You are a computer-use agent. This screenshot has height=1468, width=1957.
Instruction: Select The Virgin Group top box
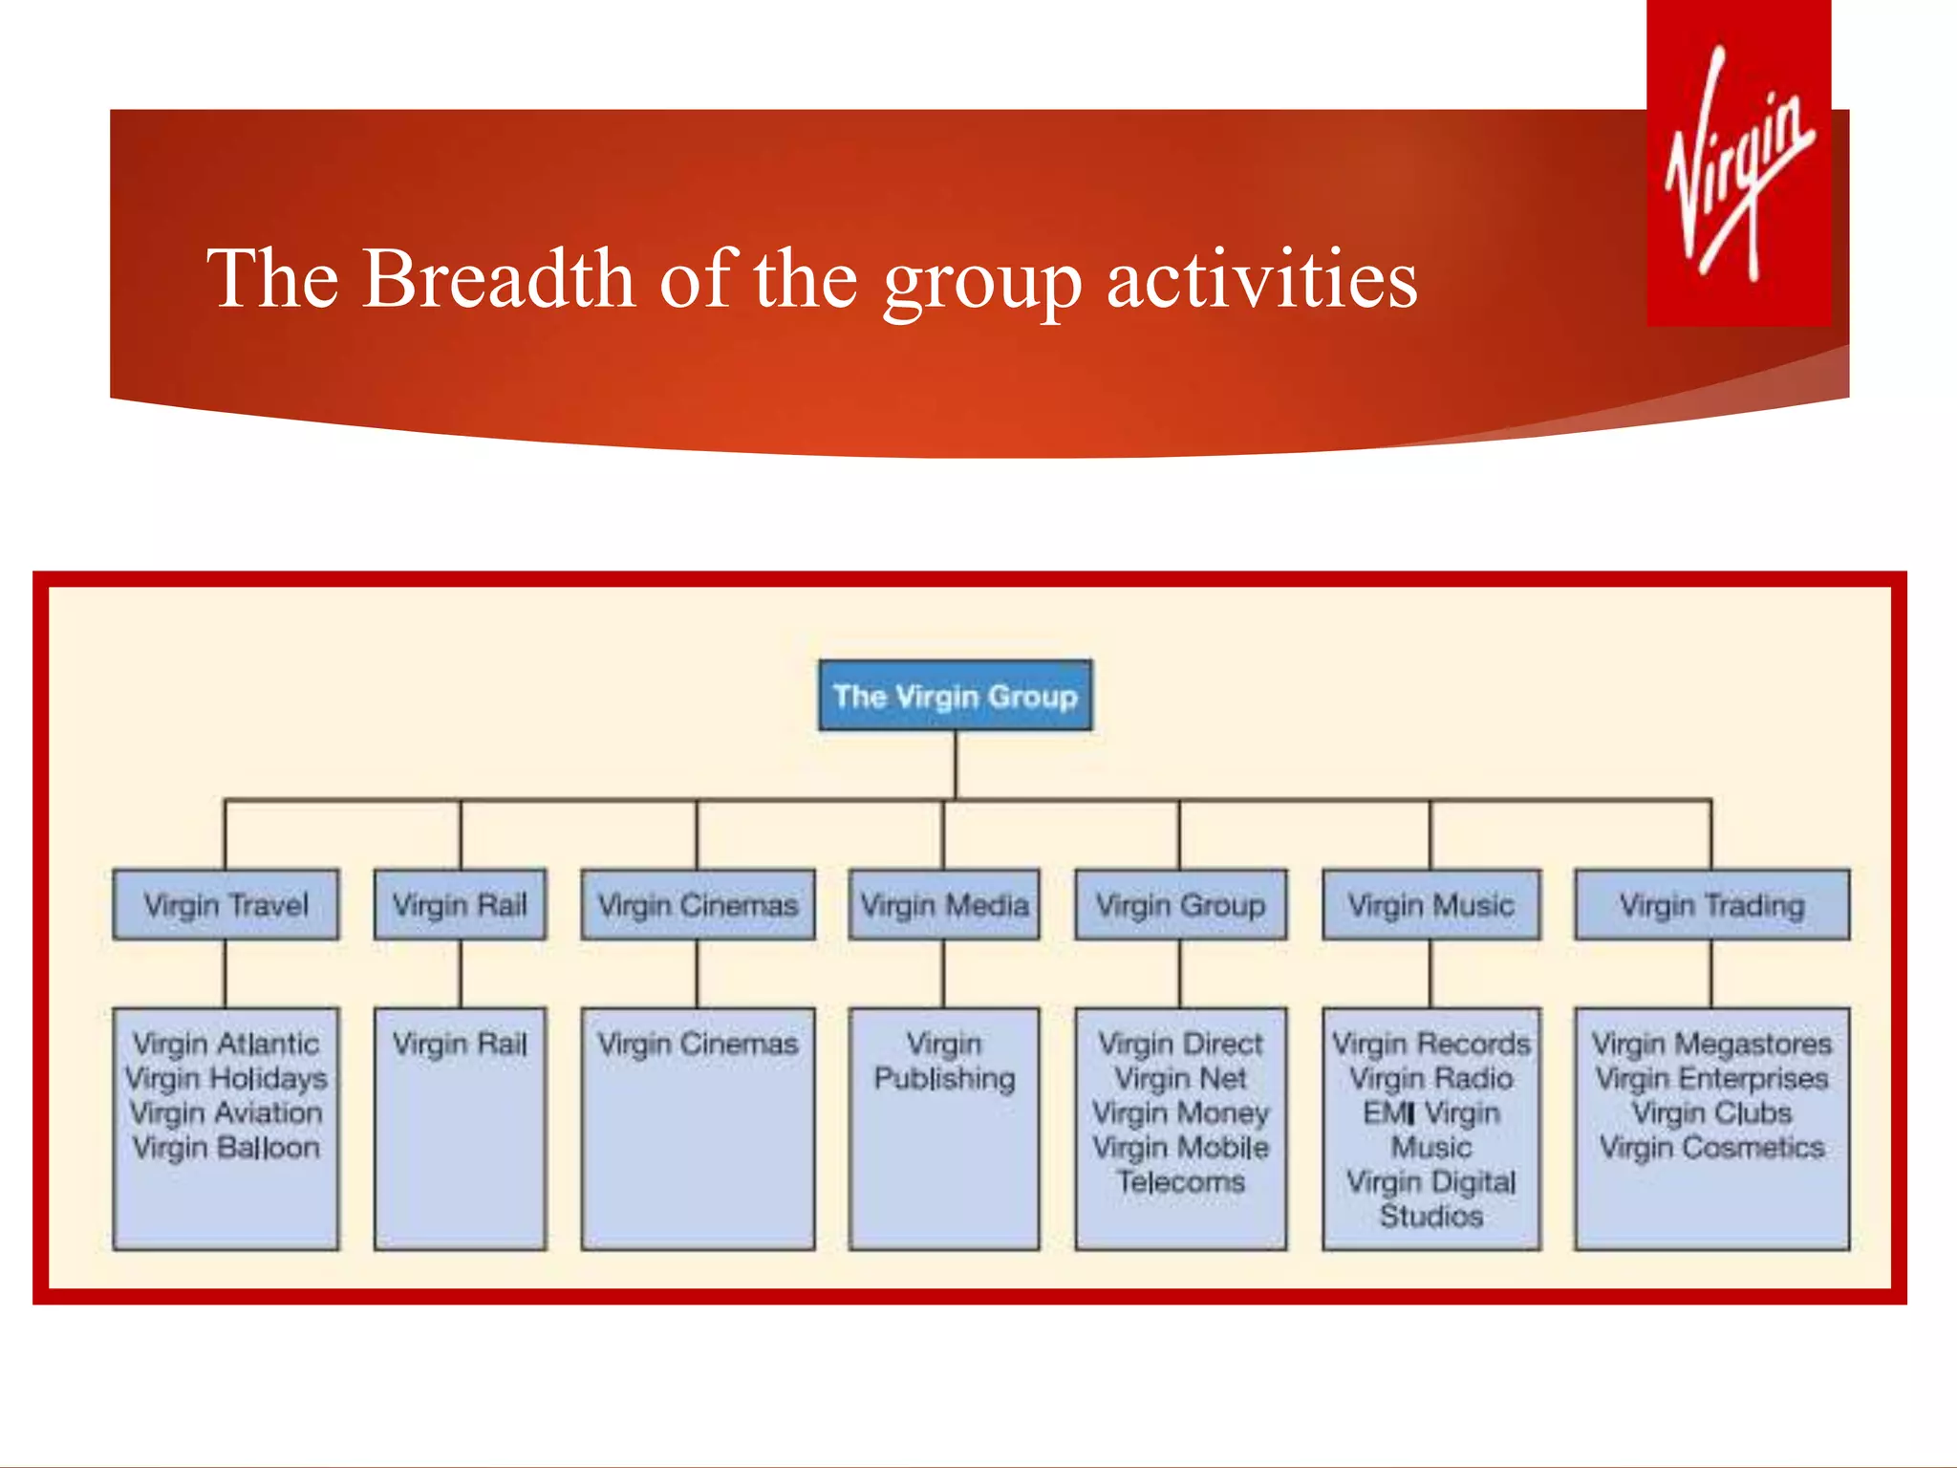pyautogui.click(x=955, y=696)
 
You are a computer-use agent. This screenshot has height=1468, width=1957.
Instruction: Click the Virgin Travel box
pyautogui.click(x=226, y=904)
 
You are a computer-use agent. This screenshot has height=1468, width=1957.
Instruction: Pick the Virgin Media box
pyautogui.click(x=944, y=904)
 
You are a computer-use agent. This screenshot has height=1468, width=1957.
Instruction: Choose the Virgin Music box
pyautogui.click(x=1430, y=904)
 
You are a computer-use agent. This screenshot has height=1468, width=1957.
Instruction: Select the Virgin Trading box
pyautogui.click(x=1711, y=904)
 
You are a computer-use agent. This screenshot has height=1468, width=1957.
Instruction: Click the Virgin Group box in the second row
pyautogui.click(x=1180, y=904)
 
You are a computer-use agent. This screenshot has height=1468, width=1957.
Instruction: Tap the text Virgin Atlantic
pyautogui.click(x=226, y=1044)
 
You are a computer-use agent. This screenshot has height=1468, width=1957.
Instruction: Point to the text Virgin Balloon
pyautogui.click(x=226, y=1147)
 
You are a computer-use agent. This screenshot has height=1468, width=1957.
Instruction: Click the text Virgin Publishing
pyautogui.click(x=944, y=1061)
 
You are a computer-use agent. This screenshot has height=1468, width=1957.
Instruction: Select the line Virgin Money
pyautogui.click(x=1180, y=1112)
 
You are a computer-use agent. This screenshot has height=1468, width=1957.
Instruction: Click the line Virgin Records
pyautogui.click(x=1430, y=1044)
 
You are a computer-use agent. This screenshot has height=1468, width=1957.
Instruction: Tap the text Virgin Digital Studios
pyautogui.click(x=1430, y=1198)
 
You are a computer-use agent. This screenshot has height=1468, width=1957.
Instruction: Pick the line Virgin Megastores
pyautogui.click(x=1711, y=1044)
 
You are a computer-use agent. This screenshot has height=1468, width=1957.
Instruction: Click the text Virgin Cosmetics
pyautogui.click(x=1711, y=1147)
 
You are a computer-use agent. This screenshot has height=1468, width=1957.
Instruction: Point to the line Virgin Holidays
pyautogui.click(x=226, y=1078)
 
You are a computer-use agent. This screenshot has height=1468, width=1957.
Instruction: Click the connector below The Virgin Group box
pyautogui.click(x=955, y=765)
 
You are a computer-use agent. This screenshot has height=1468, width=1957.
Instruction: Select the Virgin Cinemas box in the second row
pyautogui.click(x=698, y=904)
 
